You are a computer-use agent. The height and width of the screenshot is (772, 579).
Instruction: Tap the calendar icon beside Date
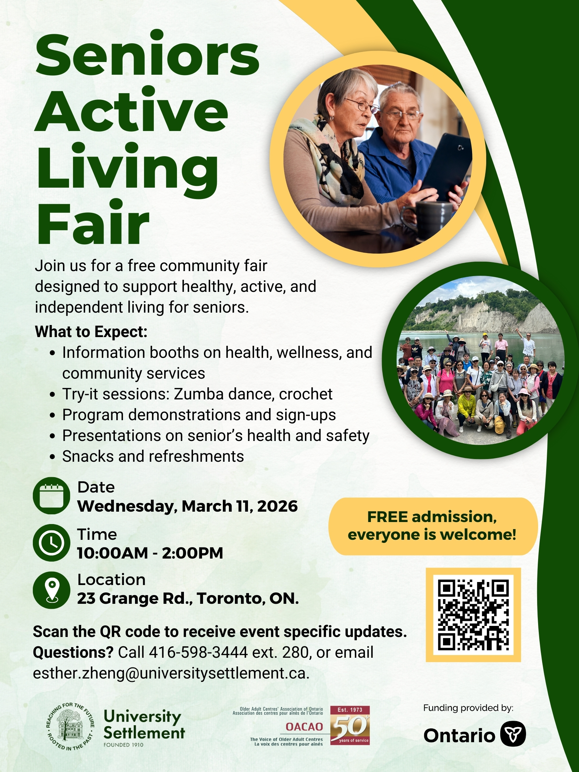pos(52,495)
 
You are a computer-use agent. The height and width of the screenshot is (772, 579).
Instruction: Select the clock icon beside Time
pos(52,543)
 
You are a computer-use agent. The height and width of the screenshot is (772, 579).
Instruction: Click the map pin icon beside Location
pos(52,590)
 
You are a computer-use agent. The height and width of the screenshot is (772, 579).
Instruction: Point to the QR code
pos(473,615)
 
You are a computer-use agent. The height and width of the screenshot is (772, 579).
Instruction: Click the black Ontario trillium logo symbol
pos(513,733)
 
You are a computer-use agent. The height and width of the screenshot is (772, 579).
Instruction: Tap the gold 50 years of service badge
pos(350,725)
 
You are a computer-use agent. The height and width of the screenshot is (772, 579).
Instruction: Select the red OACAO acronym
pos(304,727)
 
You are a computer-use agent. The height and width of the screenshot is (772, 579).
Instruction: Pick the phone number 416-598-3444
pos(199,652)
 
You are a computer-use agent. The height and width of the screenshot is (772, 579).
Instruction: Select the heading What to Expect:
pos(91,332)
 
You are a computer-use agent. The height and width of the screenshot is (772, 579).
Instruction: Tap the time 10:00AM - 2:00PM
pos(150,553)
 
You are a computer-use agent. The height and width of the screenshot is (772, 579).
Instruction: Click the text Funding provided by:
pos(468,708)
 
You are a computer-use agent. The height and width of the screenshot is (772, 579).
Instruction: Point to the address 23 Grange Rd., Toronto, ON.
pos(188,598)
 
